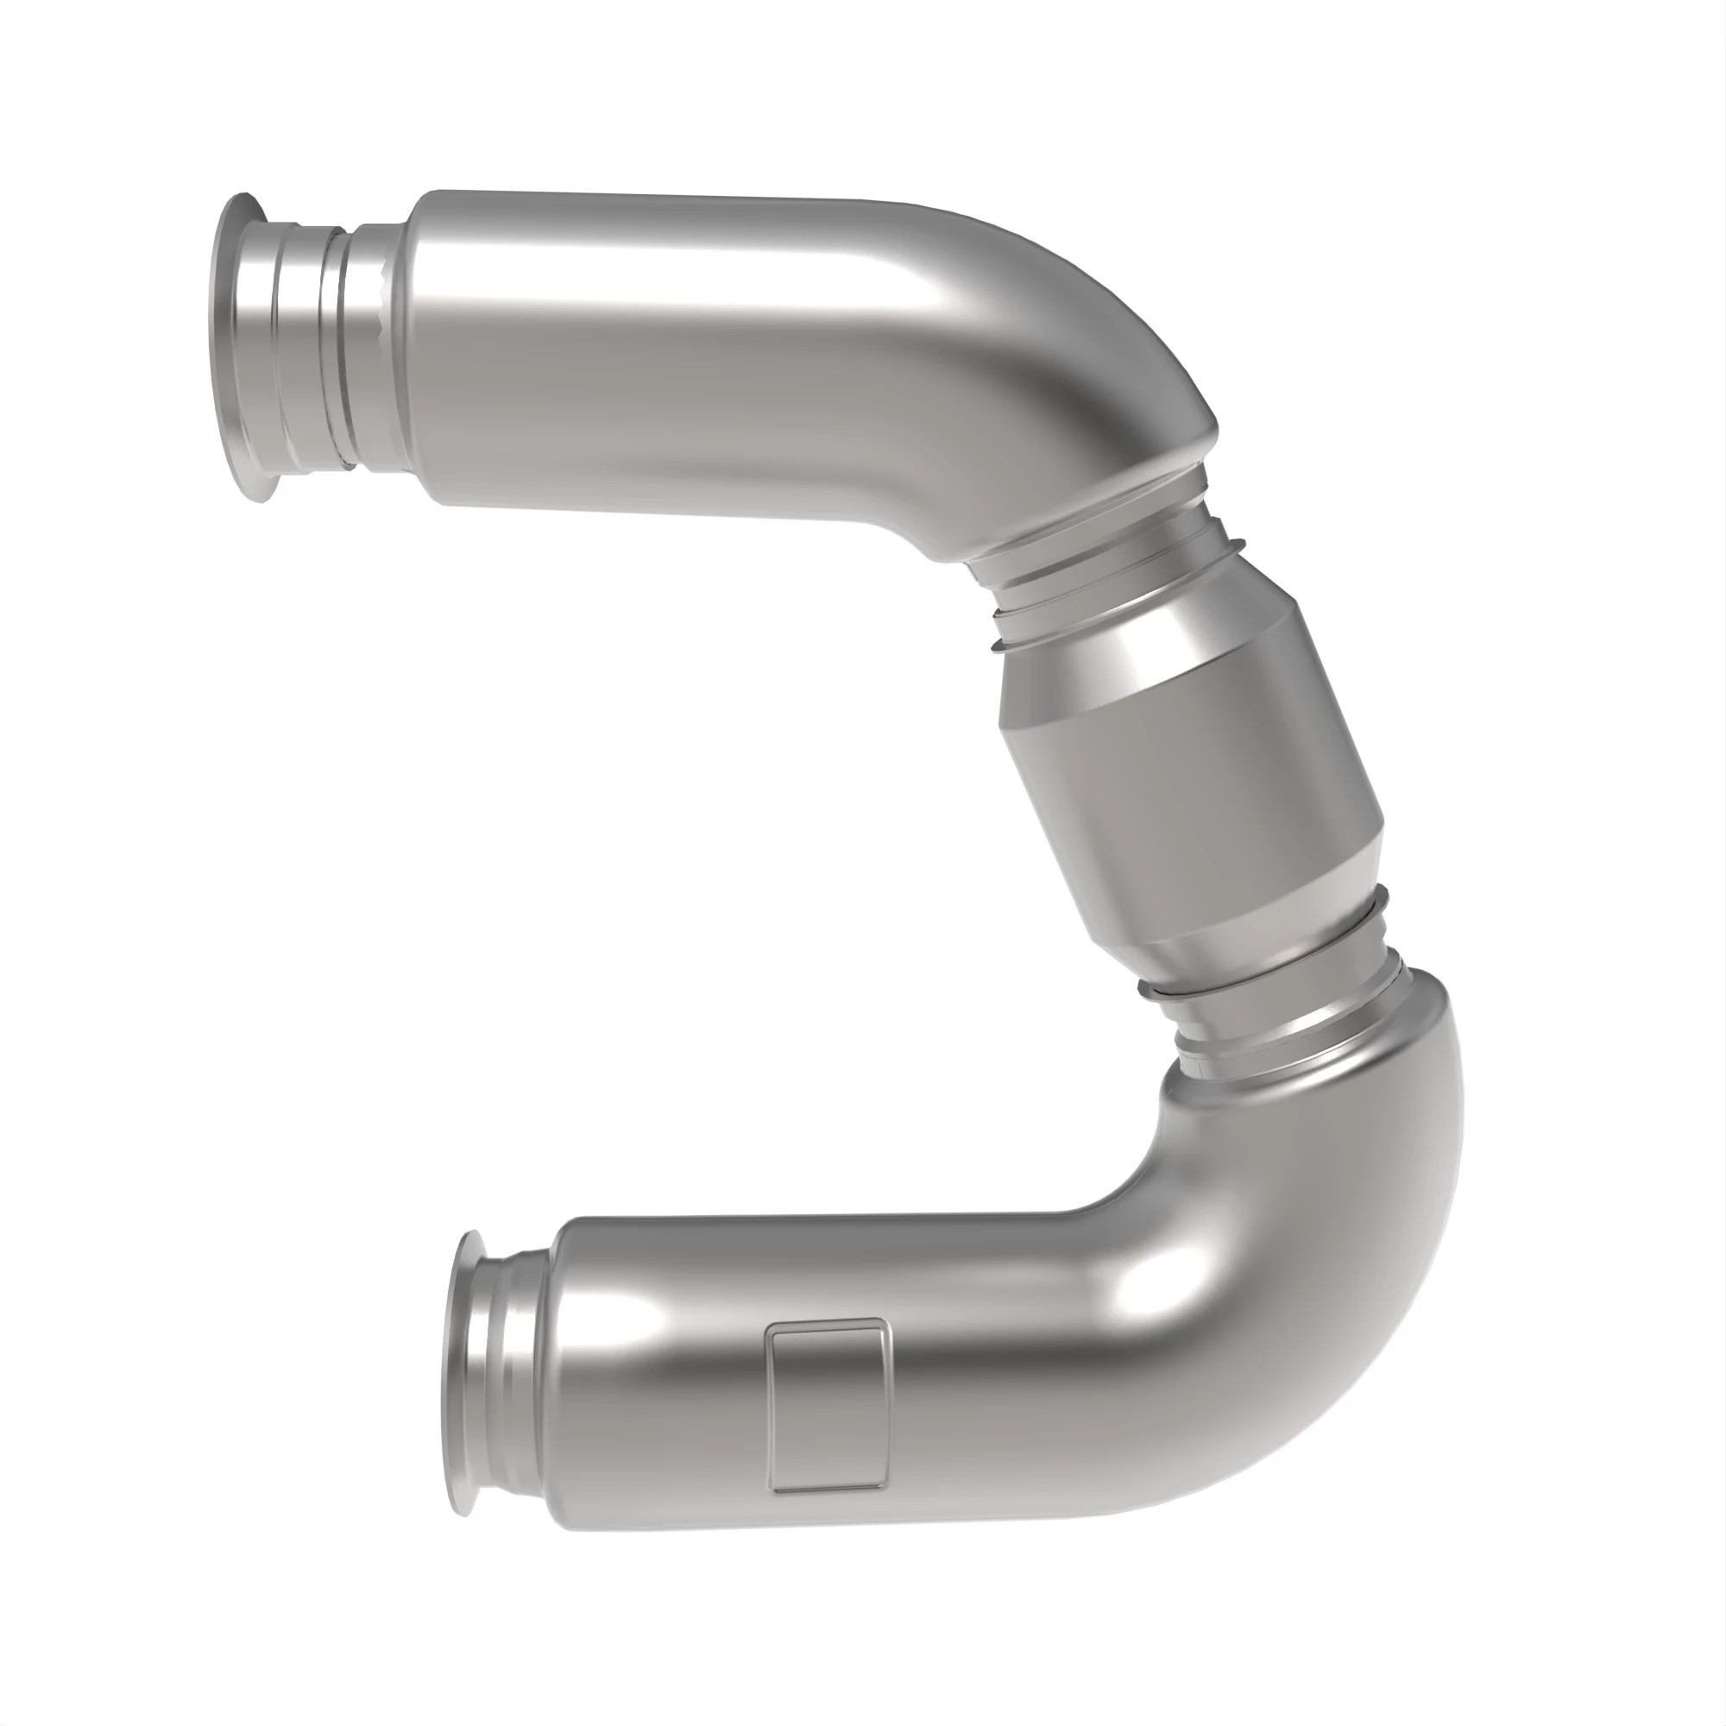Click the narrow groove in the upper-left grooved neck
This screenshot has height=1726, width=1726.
tap(331, 349)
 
